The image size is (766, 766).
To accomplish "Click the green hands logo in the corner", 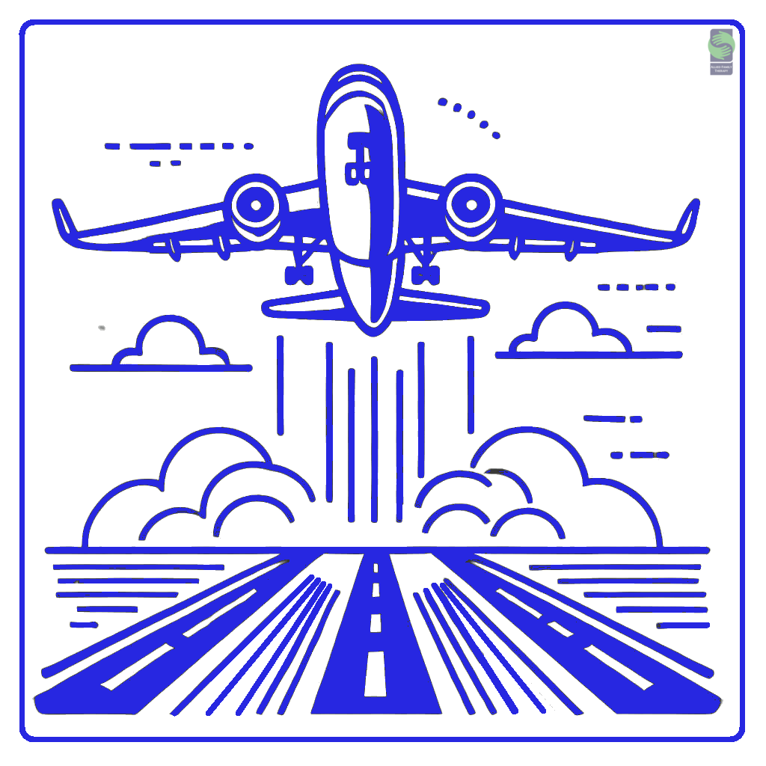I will [x=721, y=45].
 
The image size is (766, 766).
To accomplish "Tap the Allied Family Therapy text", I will [x=721, y=69].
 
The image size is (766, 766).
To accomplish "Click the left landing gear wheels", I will [x=298, y=275].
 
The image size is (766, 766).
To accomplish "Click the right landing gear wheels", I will [x=426, y=276].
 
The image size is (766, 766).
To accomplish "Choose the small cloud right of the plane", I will [x=571, y=331].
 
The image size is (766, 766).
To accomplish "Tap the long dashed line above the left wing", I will [x=180, y=146].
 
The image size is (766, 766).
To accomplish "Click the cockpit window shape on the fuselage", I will [x=358, y=157].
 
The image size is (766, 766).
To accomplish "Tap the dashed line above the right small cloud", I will [x=636, y=287].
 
